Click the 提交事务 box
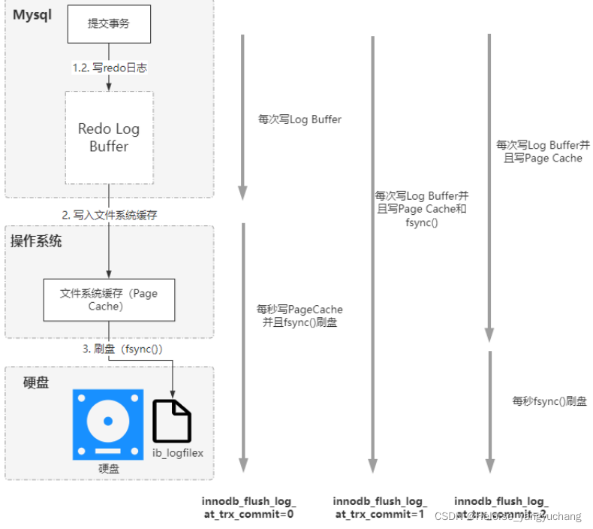110,23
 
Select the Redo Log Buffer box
109,138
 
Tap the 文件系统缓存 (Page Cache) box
109,300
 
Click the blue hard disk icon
108,425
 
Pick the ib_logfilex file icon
172,421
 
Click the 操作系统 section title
36,241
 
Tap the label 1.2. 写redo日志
110,68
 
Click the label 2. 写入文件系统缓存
110,215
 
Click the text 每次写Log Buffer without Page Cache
300,119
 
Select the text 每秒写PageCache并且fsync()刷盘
300,316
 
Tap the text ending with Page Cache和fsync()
421,209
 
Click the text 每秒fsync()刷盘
549,401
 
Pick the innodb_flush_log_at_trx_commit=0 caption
248,508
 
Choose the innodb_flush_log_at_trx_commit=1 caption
380,508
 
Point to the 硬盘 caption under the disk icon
109,468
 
